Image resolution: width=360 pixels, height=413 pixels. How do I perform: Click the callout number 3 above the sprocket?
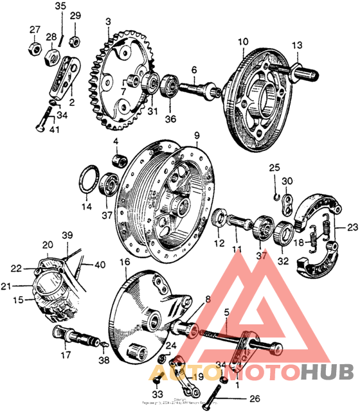coord(108,22)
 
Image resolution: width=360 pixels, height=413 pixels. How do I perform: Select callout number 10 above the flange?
coord(242,42)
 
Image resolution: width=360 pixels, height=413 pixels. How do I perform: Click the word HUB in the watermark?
coord(326,373)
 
